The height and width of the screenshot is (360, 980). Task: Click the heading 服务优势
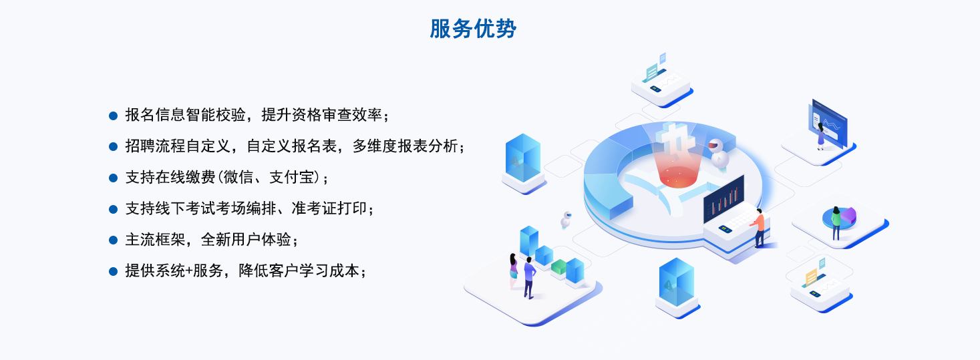click(473, 29)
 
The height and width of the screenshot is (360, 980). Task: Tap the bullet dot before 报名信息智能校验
click(114, 116)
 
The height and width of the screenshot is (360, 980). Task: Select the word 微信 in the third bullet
click(238, 177)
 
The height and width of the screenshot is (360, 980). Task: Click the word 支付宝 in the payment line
click(292, 177)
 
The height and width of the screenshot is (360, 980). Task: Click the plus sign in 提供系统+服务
click(188, 271)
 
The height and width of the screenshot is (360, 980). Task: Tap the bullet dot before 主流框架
click(114, 240)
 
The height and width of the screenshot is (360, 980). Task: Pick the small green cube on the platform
click(558, 267)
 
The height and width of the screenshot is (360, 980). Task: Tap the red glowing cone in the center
click(678, 168)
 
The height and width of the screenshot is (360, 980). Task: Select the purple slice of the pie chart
click(849, 215)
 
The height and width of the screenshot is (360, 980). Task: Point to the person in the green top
click(836, 223)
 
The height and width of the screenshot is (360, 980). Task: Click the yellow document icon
click(811, 277)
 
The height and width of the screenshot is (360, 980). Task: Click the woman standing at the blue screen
click(821, 136)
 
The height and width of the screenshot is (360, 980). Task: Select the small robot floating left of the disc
click(566, 220)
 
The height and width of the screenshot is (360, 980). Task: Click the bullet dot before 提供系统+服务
click(114, 271)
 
